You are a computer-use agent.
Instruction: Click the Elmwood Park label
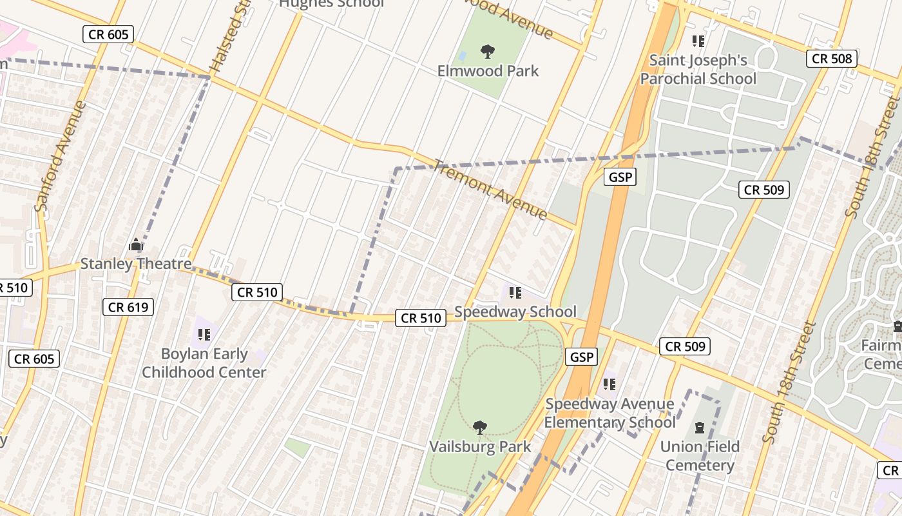tap(488, 70)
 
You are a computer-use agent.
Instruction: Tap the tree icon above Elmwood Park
tap(488, 52)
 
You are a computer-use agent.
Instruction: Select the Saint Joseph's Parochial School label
tap(698, 70)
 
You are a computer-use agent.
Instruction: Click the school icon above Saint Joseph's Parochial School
tap(698, 42)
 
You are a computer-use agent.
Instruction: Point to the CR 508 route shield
tap(832, 59)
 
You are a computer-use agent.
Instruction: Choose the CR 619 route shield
tap(128, 307)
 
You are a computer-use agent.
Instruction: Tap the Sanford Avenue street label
tap(61, 155)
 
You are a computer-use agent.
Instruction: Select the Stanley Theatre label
tap(135, 264)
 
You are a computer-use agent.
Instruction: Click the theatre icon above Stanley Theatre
tap(136, 245)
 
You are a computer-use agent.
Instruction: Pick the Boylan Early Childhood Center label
tap(204, 363)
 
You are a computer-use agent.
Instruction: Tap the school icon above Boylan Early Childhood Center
tap(204, 334)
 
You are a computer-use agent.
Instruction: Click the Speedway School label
tap(515, 312)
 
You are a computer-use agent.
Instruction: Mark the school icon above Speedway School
tap(515, 293)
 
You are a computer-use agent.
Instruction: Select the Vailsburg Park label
tap(481, 446)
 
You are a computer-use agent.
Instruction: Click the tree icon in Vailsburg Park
tap(479, 427)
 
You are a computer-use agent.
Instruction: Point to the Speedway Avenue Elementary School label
tap(609, 413)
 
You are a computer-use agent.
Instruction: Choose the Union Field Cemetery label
tap(700, 455)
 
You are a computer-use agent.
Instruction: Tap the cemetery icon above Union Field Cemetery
tap(700, 427)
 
